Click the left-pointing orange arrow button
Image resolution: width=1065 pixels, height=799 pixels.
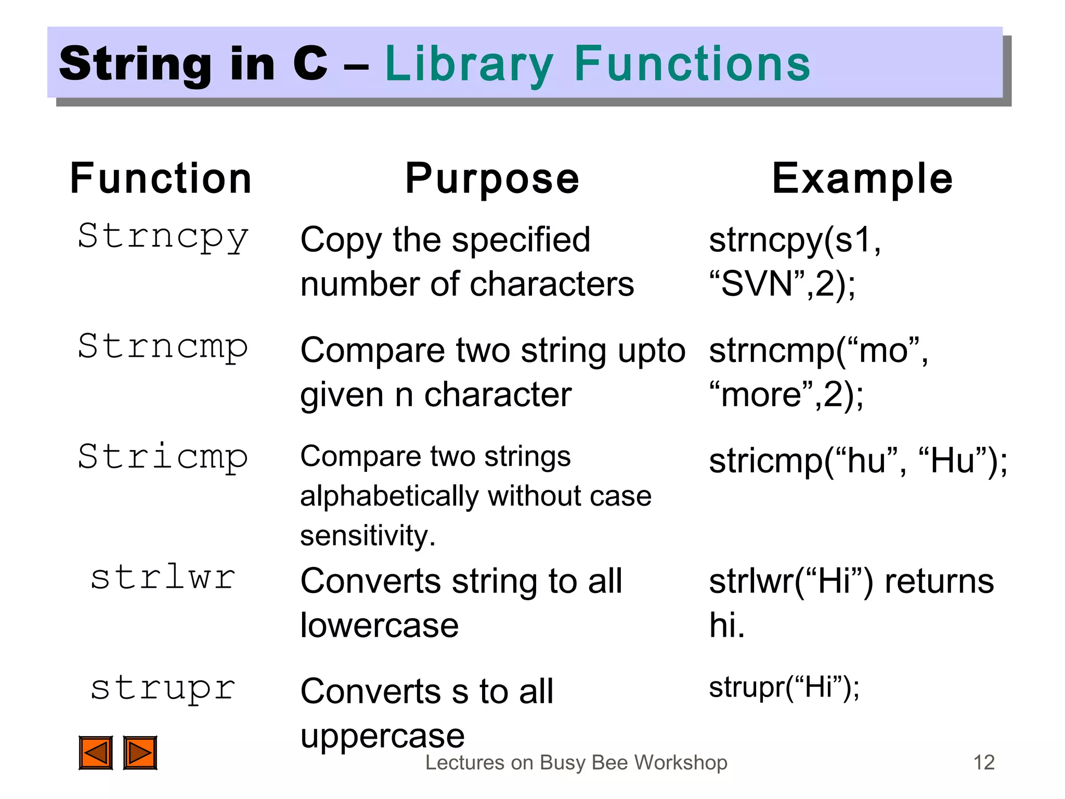[x=96, y=752]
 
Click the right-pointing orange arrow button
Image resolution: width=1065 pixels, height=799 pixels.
[x=140, y=752]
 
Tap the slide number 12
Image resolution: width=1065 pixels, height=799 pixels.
[x=983, y=763]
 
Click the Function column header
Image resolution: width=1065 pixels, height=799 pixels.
[x=161, y=178]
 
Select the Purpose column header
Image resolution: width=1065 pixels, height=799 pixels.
[x=492, y=178]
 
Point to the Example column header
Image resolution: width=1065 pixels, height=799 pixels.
[x=862, y=178]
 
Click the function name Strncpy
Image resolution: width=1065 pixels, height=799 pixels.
[x=163, y=237]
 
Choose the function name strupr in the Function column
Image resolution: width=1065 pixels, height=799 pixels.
[x=163, y=688]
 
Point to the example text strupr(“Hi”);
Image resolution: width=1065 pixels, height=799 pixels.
[x=784, y=687]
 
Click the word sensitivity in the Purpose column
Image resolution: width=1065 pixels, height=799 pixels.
[x=367, y=536]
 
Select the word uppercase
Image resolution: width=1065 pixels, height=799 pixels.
[x=382, y=736]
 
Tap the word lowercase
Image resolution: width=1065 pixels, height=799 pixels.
[x=380, y=625]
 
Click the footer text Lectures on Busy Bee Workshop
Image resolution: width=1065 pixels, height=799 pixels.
[x=576, y=763]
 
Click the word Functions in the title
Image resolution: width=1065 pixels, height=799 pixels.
[x=692, y=64]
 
